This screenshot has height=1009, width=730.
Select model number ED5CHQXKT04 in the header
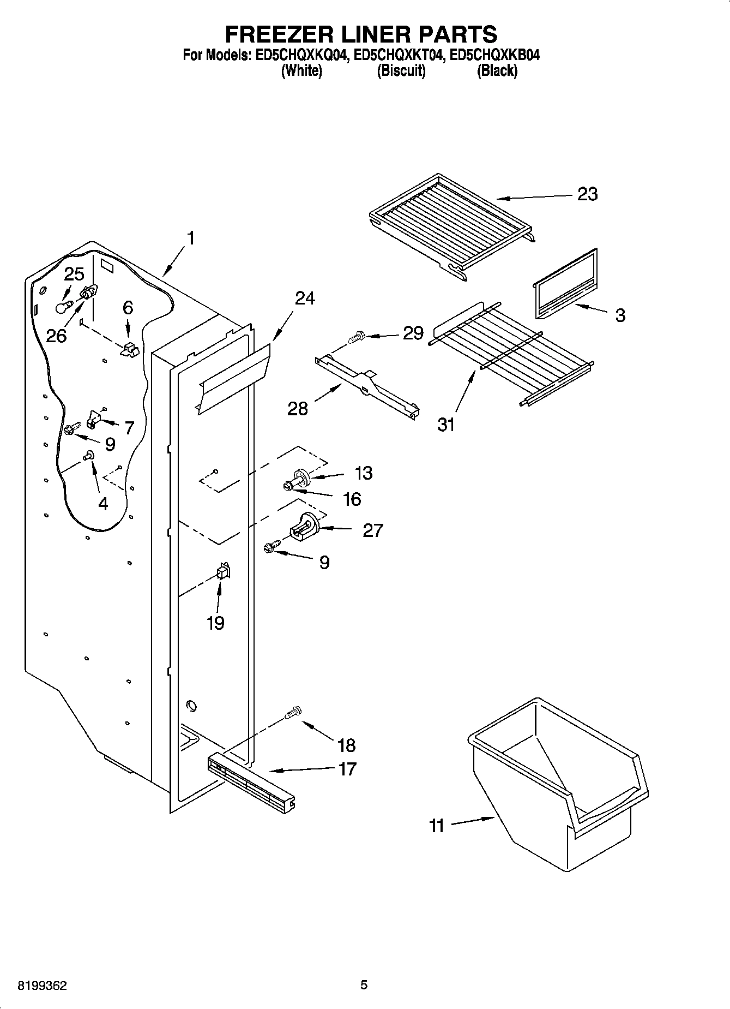tap(396, 55)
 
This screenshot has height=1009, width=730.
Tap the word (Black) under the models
tap(497, 70)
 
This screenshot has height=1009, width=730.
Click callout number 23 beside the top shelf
tap(587, 194)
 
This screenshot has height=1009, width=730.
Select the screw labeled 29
tap(355, 337)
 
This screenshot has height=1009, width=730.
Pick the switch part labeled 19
tap(223, 572)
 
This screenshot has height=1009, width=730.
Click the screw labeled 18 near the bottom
tap(293, 713)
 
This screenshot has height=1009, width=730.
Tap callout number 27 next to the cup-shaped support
tap(373, 530)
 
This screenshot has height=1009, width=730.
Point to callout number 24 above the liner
tap(305, 298)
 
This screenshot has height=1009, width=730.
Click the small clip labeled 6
tap(129, 349)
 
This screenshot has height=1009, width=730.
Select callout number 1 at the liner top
tap(190, 238)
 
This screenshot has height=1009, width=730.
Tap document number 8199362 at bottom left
tap(42, 986)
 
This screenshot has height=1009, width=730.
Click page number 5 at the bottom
tap(364, 985)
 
